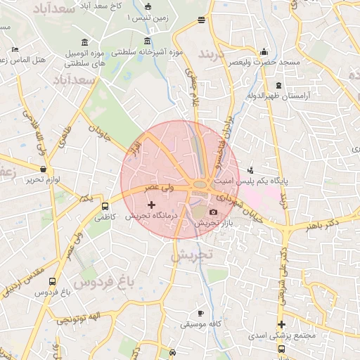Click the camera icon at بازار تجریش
coord(214,212)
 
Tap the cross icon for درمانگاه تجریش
coord(151,205)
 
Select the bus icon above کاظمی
coord(105,207)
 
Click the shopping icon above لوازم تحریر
coord(44,169)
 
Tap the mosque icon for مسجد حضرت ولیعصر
coord(264,51)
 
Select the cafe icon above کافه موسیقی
coord(200,313)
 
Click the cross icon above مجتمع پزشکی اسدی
coord(281,324)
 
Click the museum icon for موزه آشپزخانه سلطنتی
coord(147,40)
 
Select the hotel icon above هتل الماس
coord(15,49)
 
